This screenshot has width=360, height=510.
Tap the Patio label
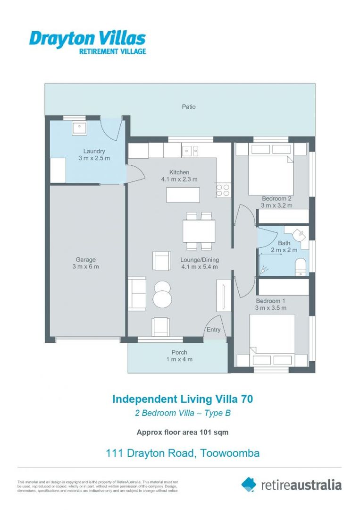[189, 107]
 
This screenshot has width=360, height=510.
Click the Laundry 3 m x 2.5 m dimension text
[94, 158]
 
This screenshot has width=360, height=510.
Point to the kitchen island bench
[183, 195]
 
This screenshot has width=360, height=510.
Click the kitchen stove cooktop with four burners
[223, 190]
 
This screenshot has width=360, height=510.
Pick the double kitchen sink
[192, 151]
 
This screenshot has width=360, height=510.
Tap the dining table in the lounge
[199, 231]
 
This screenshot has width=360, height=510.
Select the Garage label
[86, 259]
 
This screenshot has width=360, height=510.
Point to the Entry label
[213, 330]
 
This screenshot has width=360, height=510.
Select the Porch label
[179, 352]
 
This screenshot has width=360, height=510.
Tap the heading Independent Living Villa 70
[182, 399]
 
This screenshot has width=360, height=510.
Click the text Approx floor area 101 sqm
[182, 432]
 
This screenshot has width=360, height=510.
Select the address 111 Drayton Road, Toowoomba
[182, 453]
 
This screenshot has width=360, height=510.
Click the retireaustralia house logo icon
[249, 484]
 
